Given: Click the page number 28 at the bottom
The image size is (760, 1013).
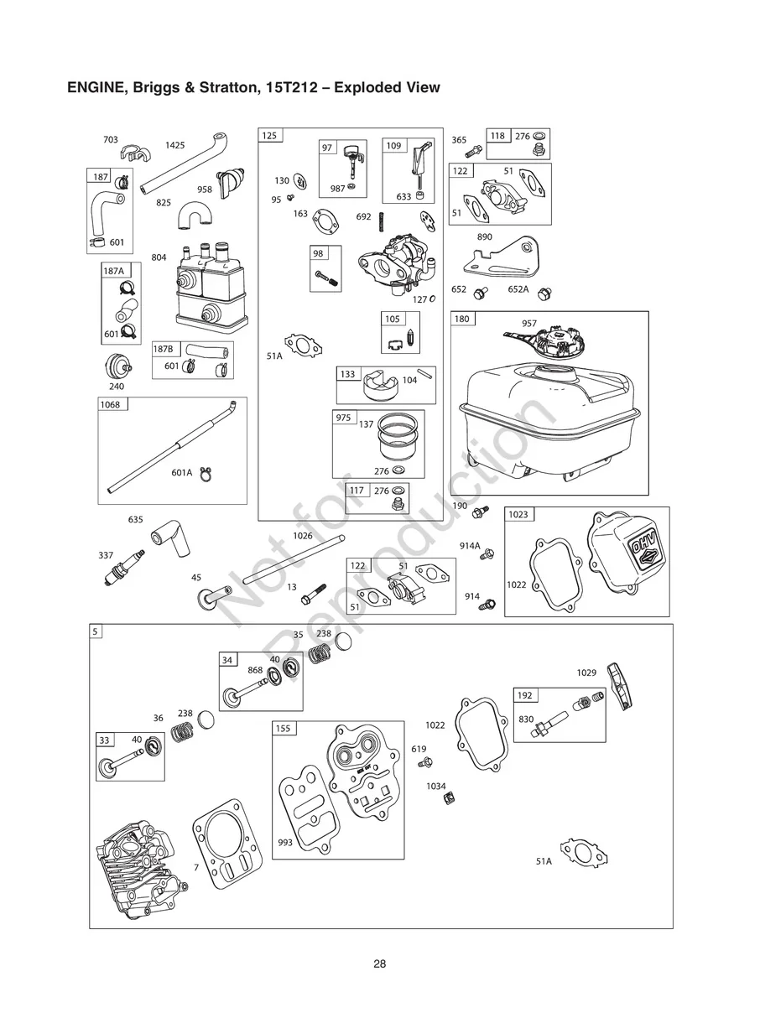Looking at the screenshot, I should click(x=380, y=964).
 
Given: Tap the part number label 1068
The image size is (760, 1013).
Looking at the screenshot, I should click(x=110, y=405).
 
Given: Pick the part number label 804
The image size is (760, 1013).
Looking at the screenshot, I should click(x=159, y=257).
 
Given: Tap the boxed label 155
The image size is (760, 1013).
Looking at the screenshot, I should click(x=283, y=729).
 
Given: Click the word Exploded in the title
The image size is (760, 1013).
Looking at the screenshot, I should click(x=367, y=87).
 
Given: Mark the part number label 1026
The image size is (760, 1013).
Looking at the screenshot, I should click(x=302, y=535).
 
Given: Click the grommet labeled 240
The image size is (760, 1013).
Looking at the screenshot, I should click(x=117, y=366).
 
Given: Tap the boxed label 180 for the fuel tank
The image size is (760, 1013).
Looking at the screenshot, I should click(x=462, y=319).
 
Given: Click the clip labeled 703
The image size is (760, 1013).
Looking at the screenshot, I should click(x=133, y=155).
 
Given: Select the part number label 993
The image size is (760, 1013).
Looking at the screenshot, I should click(x=285, y=842).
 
